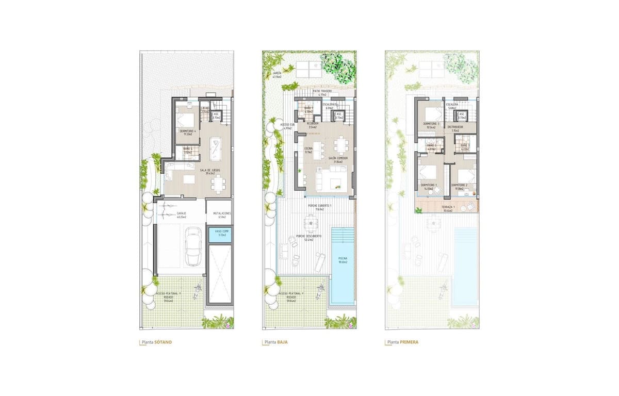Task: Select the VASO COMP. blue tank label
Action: (x=221, y=233)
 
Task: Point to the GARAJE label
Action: (x=181, y=212)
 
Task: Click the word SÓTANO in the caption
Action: (x=162, y=342)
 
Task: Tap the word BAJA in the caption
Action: (x=282, y=342)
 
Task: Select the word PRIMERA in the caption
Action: (x=409, y=342)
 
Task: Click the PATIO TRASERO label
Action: (x=322, y=91)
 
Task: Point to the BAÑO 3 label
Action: (x=463, y=146)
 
